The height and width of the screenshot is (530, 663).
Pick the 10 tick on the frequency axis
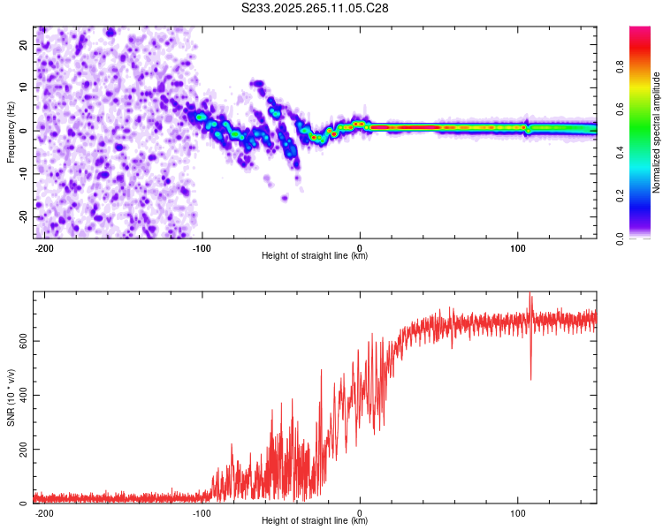click(24, 87)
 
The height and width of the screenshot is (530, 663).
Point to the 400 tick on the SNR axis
click(19, 395)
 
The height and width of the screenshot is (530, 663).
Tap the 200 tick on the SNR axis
click(19, 450)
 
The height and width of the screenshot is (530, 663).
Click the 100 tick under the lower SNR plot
click(517, 512)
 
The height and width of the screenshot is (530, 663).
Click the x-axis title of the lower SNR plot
click(315, 521)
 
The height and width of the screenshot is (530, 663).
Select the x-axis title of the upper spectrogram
click(315, 256)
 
